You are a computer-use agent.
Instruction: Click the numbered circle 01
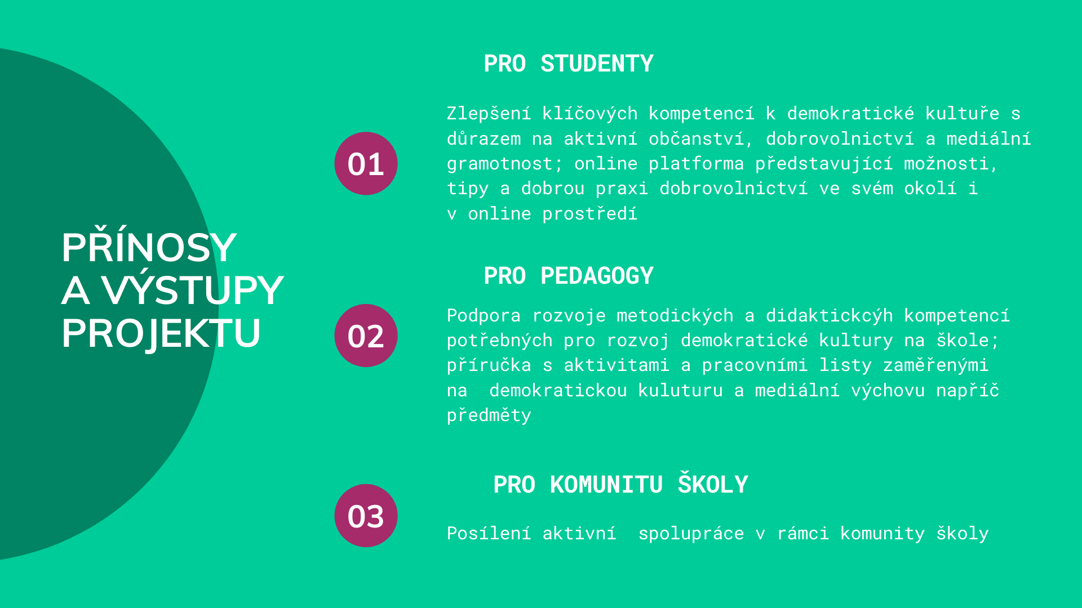(366, 163)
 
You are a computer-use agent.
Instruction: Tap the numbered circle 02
(366, 336)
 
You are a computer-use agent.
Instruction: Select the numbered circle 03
(366, 516)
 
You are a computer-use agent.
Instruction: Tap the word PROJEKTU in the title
(161, 334)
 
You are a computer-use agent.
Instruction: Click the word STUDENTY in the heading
(597, 64)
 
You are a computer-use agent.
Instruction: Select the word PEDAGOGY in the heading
(597, 276)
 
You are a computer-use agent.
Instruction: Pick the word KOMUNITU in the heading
(606, 485)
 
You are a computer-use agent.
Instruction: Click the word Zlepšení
(489, 114)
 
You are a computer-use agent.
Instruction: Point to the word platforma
(696, 164)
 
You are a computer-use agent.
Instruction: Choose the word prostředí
(589, 214)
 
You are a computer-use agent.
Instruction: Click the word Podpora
(484, 315)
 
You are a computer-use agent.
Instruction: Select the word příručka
(489, 365)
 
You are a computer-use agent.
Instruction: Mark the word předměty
(489, 415)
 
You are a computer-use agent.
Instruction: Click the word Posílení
(489, 533)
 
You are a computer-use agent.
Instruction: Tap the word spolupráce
(691, 534)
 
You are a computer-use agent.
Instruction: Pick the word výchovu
(888, 390)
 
